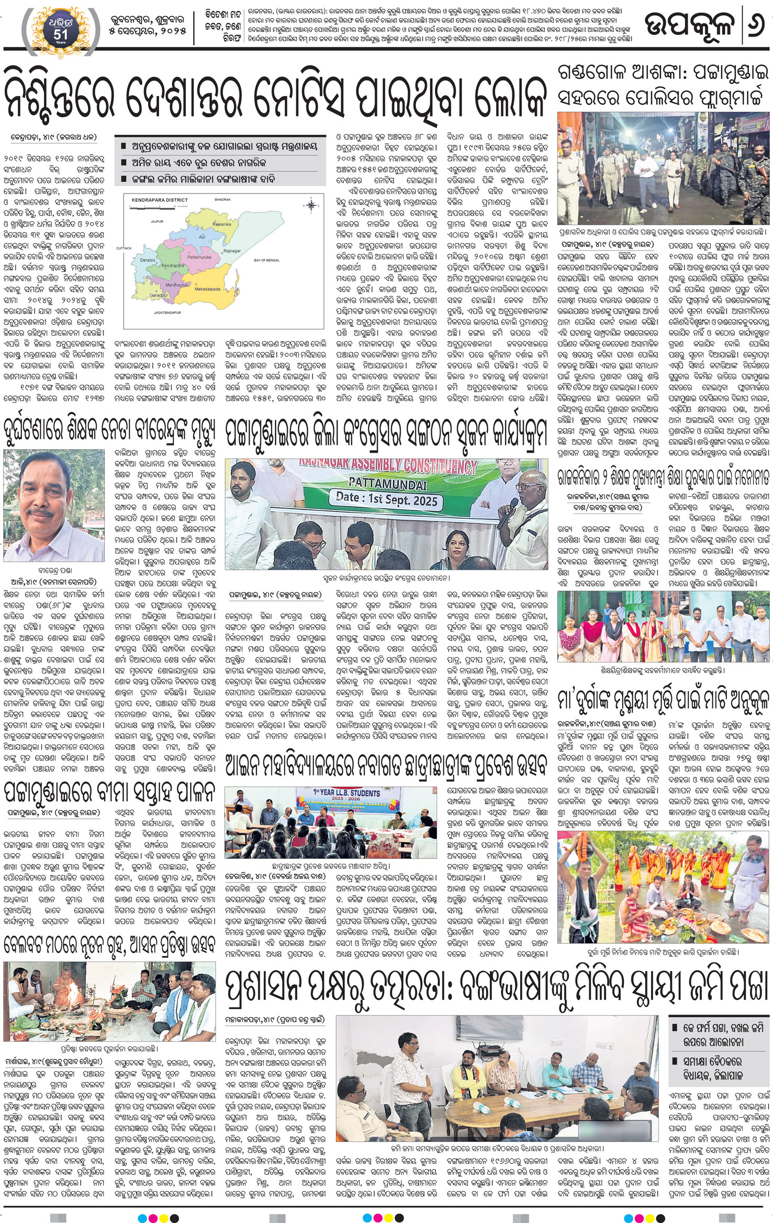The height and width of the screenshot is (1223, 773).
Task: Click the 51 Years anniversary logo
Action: tap(58, 27)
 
